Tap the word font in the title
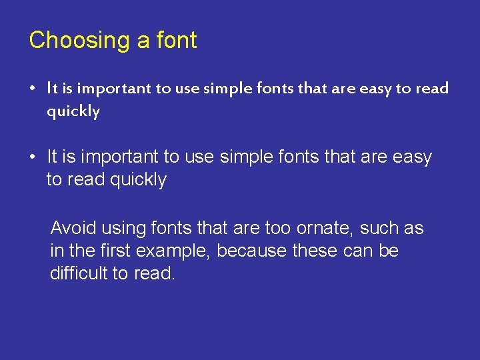pos(176,40)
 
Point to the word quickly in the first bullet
pos(73,111)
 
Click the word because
pos(256,251)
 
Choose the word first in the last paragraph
pos(116,251)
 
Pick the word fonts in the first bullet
pos(281,89)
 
